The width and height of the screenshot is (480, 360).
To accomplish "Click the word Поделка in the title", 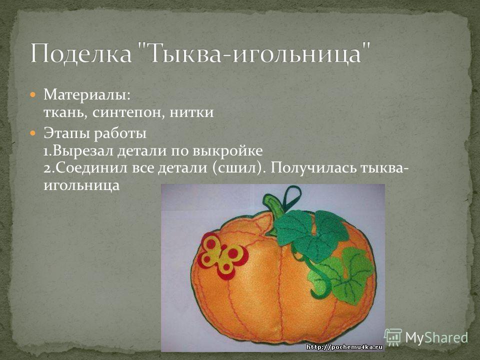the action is coord(81,53).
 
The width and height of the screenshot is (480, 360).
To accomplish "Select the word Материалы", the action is coord(87,94).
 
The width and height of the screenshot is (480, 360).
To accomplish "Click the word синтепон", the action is coord(127,112).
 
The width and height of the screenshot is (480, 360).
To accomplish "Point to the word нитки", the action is coord(191,112).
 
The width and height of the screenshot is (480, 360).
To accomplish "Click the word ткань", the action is coord(66,112).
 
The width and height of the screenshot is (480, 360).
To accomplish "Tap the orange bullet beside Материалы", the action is coord(33,94).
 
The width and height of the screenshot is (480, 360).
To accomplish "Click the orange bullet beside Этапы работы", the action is coord(33,133).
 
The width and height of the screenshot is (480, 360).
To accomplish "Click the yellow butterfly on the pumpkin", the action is coord(222,255).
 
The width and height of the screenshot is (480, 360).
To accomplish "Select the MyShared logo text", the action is coord(436,337).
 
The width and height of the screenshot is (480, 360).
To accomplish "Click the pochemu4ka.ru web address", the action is coord(344,347).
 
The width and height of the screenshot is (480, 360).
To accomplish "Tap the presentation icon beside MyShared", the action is coord(393,337).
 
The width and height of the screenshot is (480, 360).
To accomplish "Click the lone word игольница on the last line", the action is coord(81,185).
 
